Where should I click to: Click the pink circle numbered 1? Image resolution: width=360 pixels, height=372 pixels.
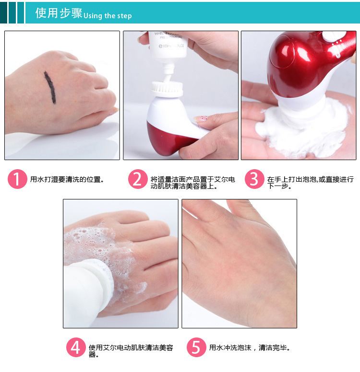(17, 179)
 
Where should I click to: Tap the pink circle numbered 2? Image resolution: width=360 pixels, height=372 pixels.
(138, 179)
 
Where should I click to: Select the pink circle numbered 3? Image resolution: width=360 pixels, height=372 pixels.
(254, 179)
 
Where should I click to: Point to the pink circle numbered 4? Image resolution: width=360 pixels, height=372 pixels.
(76, 347)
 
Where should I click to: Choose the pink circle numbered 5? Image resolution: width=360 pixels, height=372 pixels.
(196, 347)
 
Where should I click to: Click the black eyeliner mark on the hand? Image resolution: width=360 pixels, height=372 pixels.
(50, 87)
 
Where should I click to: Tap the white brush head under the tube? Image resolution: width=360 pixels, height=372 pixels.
(167, 89)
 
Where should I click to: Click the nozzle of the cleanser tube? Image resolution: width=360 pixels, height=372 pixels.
(168, 69)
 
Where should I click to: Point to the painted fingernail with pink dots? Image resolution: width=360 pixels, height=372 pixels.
(202, 118)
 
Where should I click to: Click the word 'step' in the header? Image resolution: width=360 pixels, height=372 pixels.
(124, 16)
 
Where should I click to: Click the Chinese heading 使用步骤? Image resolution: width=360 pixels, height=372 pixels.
(59, 13)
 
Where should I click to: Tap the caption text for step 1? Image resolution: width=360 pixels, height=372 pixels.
(67, 179)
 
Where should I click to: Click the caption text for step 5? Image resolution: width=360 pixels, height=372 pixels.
(250, 348)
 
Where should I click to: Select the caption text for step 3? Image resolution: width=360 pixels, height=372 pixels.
(311, 183)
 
